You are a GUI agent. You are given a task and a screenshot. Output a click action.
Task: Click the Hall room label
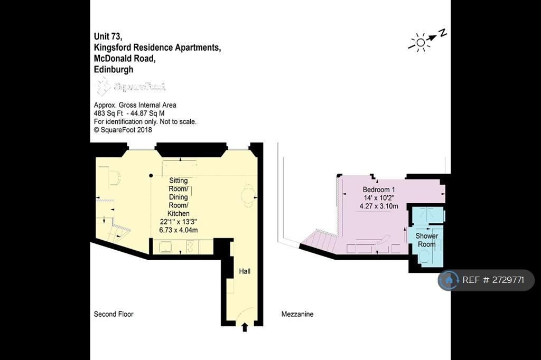click(x=245, y=271)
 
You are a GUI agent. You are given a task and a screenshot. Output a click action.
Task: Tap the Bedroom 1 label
click(x=378, y=190)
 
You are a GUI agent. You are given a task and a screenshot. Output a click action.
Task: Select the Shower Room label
click(x=426, y=240)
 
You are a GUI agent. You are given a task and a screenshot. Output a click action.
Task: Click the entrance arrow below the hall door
click(x=245, y=327)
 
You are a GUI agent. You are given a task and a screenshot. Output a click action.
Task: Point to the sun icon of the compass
click(x=420, y=42)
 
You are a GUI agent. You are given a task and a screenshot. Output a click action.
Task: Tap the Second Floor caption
click(x=114, y=314)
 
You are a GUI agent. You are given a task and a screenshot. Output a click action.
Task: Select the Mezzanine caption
click(x=297, y=314)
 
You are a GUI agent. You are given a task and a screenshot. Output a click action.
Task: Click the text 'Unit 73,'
click(x=108, y=36)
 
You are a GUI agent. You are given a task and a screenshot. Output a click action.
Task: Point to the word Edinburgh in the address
click(x=114, y=69)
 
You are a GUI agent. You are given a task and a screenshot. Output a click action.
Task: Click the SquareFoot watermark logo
click(x=130, y=86)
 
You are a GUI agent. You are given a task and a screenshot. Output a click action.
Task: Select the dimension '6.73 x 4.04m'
click(x=179, y=230)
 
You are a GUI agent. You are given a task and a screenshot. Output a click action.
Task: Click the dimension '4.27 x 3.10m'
click(x=379, y=206)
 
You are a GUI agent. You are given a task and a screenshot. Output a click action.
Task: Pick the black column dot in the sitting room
click(x=151, y=176)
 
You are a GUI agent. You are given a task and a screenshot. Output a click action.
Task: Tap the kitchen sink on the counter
click(x=165, y=247)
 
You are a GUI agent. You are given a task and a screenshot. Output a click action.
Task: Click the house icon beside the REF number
click(x=449, y=280)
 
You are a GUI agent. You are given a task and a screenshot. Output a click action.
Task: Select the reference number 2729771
click(x=508, y=280)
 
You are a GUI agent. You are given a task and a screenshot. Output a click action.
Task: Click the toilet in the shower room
click(x=424, y=257)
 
